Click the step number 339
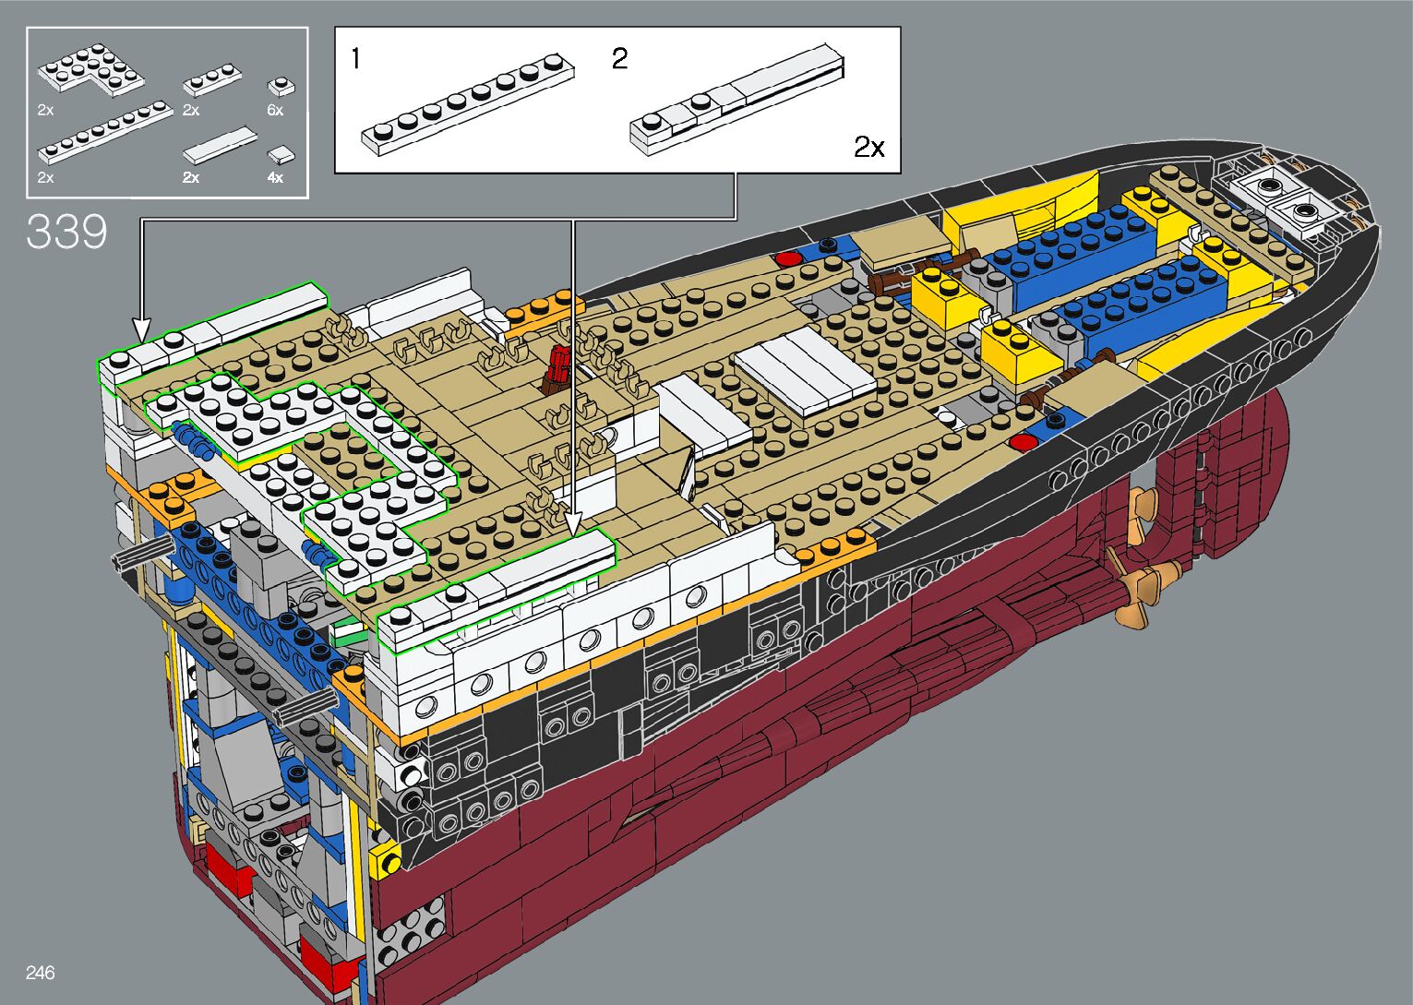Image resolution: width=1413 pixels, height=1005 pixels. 66,231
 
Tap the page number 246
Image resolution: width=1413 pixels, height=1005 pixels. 41,973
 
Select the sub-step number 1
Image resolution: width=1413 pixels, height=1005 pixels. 356,59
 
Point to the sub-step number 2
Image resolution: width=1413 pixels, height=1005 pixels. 619,59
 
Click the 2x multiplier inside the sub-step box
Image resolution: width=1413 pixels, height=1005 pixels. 868,147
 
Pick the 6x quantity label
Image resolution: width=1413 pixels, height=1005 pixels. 275,110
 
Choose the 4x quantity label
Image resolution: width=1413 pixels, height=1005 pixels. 275,177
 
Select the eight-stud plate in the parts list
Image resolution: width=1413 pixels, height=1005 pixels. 104,133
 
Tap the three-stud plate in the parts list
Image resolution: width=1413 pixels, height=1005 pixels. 213,81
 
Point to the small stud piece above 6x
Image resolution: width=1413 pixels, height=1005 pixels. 281,87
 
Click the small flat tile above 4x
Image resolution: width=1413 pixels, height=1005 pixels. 281,155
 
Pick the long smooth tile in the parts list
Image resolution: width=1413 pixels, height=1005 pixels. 219,144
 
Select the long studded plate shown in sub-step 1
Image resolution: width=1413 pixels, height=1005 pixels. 467,102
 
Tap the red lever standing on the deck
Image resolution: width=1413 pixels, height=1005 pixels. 559,364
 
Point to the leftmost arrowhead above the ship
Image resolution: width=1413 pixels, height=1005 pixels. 141,329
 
